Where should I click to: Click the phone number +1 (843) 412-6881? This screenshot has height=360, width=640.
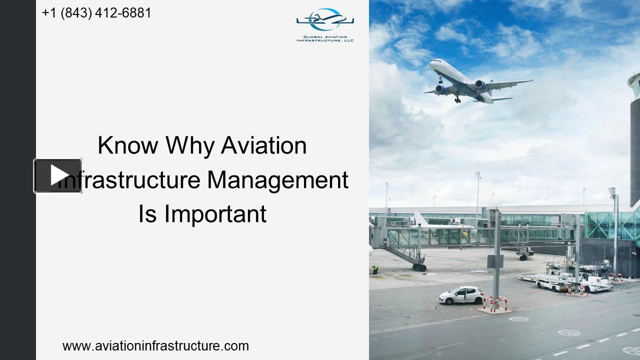[96, 13]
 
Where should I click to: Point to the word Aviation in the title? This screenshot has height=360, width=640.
[263, 145]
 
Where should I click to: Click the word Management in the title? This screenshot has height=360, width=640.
[277, 180]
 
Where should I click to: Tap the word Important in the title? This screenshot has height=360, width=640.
[215, 214]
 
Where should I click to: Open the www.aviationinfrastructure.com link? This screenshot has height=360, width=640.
[155, 345]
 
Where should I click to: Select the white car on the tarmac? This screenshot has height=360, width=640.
[461, 295]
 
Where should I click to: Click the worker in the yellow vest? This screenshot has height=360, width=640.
[375, 269]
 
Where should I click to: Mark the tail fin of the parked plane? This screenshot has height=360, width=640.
[419, 219]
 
